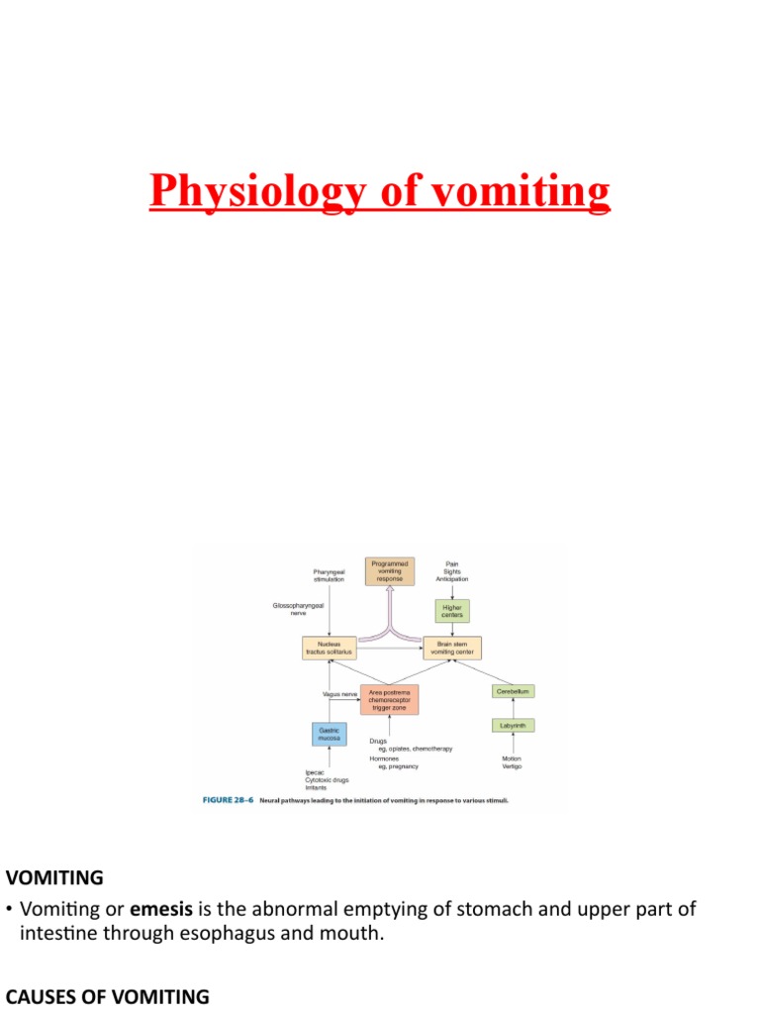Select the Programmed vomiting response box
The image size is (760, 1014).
[x=388, y=571]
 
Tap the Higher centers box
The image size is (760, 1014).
[x=451, y=610]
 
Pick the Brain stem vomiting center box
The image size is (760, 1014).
[x=452, y=649]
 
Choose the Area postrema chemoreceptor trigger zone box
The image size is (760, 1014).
[x=389, y=699]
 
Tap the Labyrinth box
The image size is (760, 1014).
[x=513, y=726]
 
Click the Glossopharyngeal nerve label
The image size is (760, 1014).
[x=296, y=609]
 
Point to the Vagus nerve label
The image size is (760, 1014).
[x=339, y=694]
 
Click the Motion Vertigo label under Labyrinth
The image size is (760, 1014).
[x=512, y=763]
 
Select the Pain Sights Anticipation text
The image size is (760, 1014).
[x=452, y=571]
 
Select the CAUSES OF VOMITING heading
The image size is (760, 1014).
[x=108, y=997]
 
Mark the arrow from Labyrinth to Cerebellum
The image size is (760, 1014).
[x=513, y=708]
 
